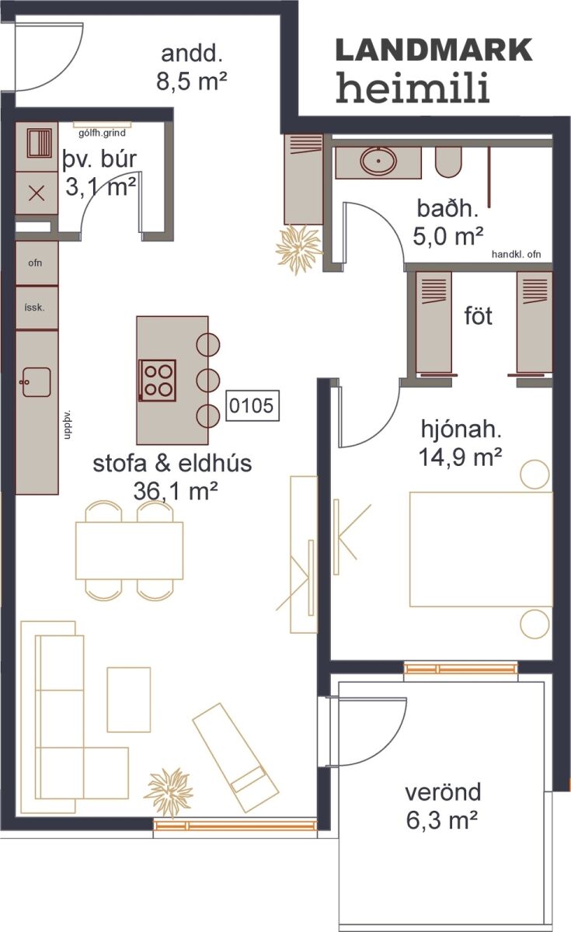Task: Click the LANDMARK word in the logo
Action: coord(433,50)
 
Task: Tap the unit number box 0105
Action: coord(252,405)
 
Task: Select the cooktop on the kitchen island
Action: coord(157,381)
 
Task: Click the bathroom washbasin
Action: coord(378,161)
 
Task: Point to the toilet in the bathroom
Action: coord(448,162)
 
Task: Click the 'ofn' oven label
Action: coord(35,263)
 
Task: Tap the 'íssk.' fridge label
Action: coord(34,308)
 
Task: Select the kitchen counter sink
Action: coord(36,382)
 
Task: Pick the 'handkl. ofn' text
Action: coord(516,254)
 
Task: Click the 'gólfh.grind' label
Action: coord(102,133)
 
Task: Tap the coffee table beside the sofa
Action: coord(129,700)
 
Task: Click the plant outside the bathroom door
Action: coord(299,249)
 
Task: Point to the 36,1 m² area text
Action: coord(176,492)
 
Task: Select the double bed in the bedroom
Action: coord(481,549)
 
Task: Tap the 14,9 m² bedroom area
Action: coord(460,457)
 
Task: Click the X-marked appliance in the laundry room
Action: coord(37,193)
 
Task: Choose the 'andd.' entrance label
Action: coord(190,54)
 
